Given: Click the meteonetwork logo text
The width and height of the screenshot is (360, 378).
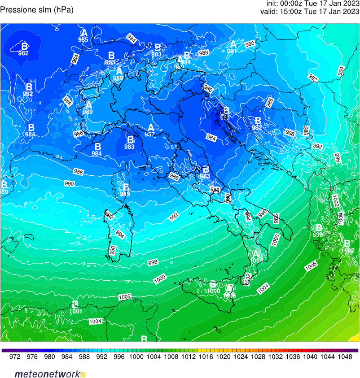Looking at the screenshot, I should point(47,374).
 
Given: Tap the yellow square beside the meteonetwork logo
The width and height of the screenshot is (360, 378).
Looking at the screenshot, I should point(83,374).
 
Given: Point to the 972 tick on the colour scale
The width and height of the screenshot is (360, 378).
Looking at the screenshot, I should point(15,357).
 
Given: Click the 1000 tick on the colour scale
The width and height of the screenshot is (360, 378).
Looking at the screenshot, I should point(136,357).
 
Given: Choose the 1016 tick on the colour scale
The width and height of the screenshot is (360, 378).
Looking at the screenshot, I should point(206,357).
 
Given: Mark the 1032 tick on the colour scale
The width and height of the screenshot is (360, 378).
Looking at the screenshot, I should point(275,357).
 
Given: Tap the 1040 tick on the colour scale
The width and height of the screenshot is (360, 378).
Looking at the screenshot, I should point(310,357).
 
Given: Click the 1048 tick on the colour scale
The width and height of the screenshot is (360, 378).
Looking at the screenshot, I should point(345,357).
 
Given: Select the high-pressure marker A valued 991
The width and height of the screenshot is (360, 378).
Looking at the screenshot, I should point(233,44).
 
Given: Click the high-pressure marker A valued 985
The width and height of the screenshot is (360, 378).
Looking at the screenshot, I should point(84,33).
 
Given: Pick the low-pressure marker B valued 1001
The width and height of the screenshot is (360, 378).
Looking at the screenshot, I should point(75,305).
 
